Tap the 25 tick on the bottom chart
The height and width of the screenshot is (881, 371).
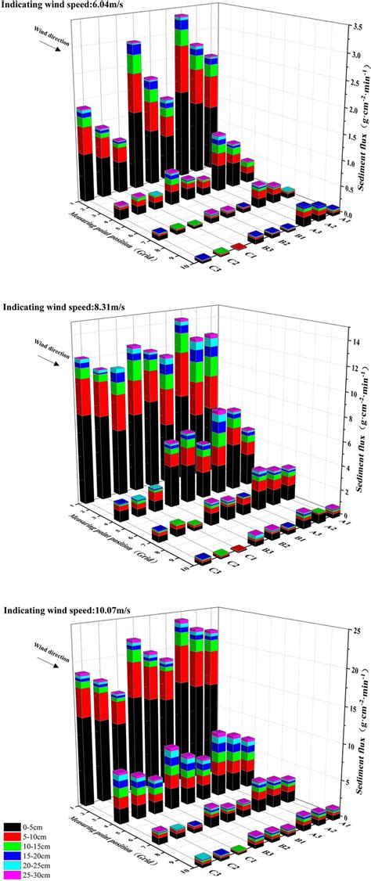[x=334, y=631]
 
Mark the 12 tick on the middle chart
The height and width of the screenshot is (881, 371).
[x=334, y=368]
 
